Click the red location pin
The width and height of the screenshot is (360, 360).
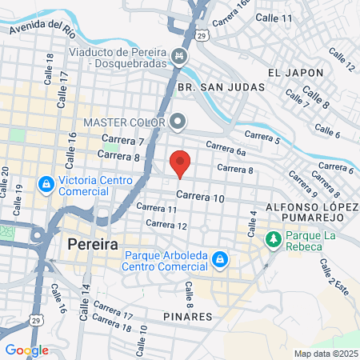click(x=181, y=164)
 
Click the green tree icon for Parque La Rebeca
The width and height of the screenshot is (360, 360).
click(x=274, y=238)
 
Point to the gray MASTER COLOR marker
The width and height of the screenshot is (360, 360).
click(x=178, y=122)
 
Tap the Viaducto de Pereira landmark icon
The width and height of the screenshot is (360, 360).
click(x=181, y=57)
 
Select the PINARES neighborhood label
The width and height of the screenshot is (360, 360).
click(x=190, y=317)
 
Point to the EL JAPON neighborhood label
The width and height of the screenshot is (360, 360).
click(x=296, y=72)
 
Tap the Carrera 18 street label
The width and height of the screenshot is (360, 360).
click(x=112, y=322)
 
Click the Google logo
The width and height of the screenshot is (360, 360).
click(x=26, y=350)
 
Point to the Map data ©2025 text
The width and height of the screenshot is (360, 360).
click(x=325, y=354)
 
